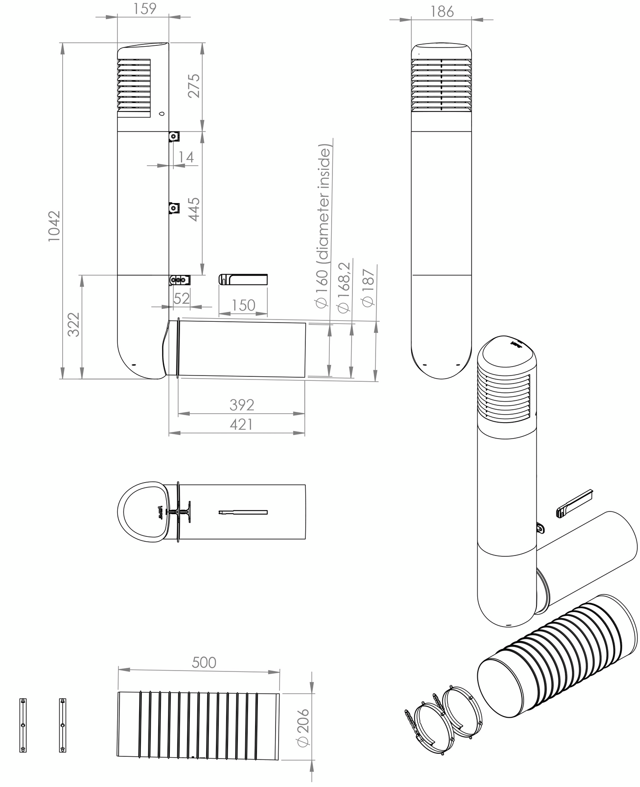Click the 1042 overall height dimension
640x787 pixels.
[x=54, y=226]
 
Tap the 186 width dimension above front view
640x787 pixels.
[x=442, y=12]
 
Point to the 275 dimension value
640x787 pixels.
[x=194, y=86]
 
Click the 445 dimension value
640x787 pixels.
[x=194, y=209]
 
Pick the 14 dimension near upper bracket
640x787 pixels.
[x=186, y=157]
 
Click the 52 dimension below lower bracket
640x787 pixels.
[x=181, y=298]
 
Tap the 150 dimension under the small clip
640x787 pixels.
[x=243, y=305]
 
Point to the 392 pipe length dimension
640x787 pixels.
[x=242, y=405]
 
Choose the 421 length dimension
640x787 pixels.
[x=241, y=424]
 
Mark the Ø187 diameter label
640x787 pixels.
[x=368, y=288]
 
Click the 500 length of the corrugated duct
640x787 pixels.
[x=204, y=662]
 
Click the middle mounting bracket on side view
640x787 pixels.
[x=174, y=208]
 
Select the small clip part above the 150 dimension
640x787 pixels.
[x=243, y=280]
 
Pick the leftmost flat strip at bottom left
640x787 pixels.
[x=23, y=725]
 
